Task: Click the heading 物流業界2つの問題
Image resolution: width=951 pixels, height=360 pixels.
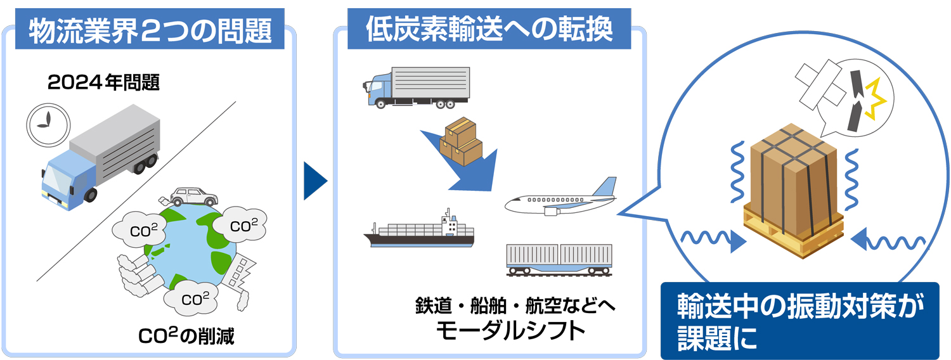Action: [x=150, y=30]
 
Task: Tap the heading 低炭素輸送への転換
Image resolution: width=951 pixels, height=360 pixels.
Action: [x=489, y=29]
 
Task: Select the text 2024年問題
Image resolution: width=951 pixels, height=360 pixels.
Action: [x=103, y=82]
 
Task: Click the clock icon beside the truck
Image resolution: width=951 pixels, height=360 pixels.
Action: [x=48, y=125]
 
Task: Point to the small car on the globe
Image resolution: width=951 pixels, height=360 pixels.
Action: [x=193, y=197]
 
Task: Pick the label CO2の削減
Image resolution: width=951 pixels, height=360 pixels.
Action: [x=186, y=336]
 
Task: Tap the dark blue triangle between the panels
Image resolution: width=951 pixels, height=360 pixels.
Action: [x=315, y=181]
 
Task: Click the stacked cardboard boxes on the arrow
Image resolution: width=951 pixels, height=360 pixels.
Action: [x=461, y=141]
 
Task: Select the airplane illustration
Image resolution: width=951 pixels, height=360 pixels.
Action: [x=560, y=198]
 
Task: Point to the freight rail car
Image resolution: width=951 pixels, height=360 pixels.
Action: [x=559, y=260]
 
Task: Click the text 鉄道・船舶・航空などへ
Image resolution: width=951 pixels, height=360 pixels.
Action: [x=515, y=305]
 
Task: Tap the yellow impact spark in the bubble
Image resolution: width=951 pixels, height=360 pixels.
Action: [x=875, y=99]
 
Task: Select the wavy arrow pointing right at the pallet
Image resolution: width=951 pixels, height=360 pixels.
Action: [x=713, y=240]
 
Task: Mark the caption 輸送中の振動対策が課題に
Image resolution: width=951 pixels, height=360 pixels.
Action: [x=800, y=321]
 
